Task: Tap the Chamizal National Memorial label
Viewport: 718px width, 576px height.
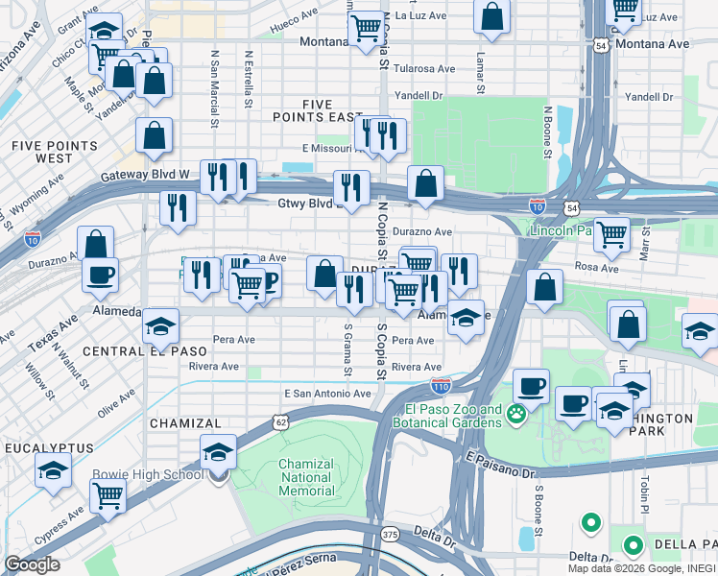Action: tap(306, 477)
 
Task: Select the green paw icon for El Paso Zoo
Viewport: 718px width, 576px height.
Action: tap(517, 415)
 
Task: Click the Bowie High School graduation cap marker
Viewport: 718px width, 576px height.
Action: tap(219, 452)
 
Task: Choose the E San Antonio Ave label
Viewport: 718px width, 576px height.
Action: tap(327, 394)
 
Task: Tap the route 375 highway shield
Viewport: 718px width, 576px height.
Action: tap(389, 534)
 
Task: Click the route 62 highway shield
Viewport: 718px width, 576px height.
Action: tap(279, 420)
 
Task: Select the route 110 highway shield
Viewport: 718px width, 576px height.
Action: tap(441, 386)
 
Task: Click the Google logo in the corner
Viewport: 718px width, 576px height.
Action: tap(32, 564)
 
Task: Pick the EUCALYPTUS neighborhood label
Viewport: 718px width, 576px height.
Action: tap(49, 448)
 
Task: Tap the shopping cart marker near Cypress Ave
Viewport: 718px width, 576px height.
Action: tap(108, 496)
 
